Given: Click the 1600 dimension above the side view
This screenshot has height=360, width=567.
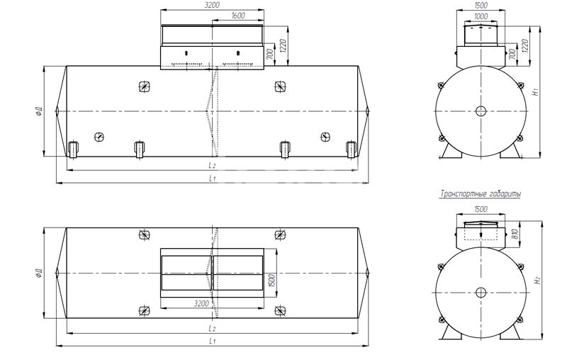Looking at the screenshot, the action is coord(237,16).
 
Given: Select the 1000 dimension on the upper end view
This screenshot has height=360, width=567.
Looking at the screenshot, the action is coord(481,16).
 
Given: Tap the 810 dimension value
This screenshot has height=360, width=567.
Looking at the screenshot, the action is coord(515,235).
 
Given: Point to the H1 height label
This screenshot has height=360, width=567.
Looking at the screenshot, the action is coord(537,91).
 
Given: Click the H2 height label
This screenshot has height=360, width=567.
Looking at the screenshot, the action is coord(538,280).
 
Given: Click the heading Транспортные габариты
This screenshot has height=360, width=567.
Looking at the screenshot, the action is coord(481,194).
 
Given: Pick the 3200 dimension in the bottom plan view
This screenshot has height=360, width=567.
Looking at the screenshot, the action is coord(201,303).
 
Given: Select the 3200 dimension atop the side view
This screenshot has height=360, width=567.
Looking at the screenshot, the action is coord(212,5).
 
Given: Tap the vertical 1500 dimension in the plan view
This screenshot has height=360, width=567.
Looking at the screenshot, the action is coord(272,281).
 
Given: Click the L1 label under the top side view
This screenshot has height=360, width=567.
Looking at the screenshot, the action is coord(212,178).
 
